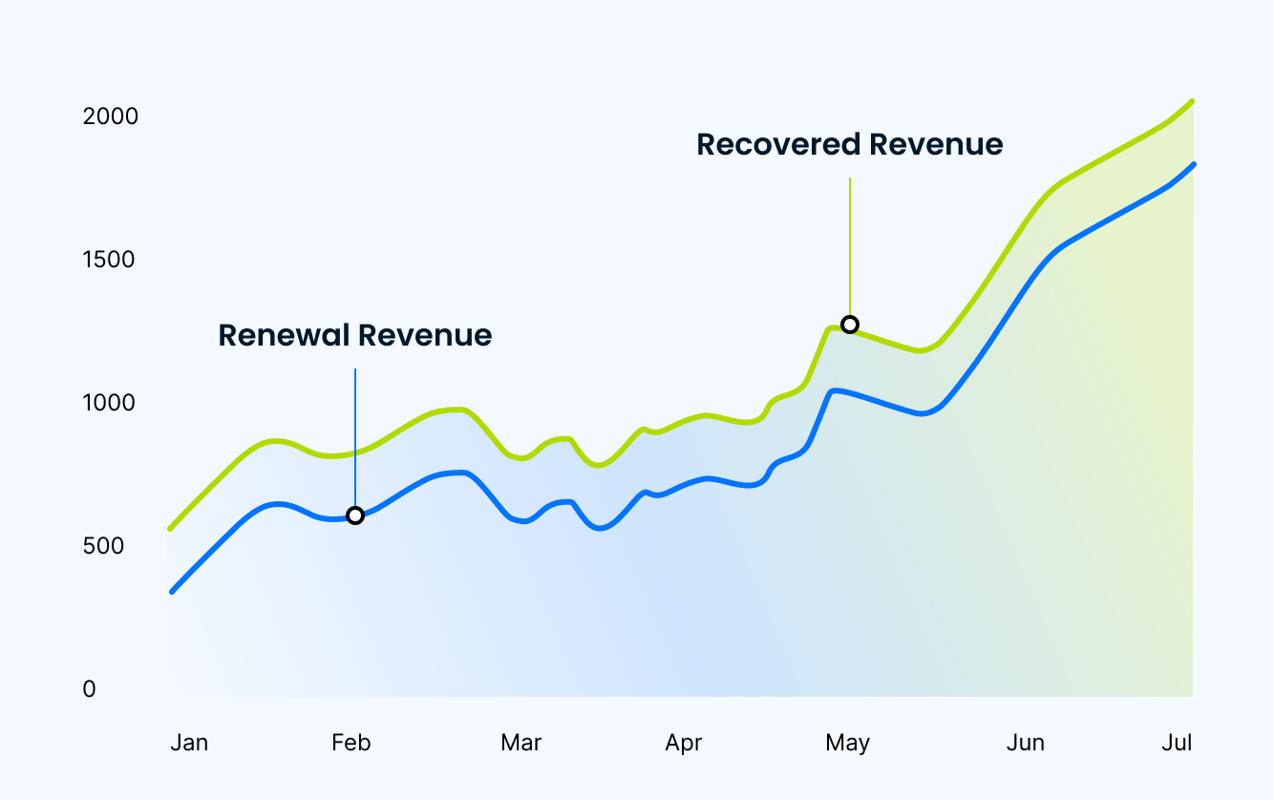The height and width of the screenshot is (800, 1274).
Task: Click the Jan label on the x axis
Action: point(189,743)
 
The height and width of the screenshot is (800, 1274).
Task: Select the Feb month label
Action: point(350,743)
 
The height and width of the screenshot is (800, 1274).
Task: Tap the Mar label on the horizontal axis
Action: point(520,743)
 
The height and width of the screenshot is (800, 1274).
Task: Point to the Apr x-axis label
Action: point(684,743)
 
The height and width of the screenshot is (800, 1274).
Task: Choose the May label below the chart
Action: point(848,743)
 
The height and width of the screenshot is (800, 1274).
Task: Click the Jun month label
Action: point(1026,743)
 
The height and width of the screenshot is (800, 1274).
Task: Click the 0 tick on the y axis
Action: point(89,689)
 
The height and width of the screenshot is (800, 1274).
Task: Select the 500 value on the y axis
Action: point(103,546)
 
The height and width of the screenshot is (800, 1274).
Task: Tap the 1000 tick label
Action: point(109,403)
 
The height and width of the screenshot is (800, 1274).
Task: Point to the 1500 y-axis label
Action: point(109,260)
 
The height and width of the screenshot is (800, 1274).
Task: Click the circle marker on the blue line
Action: point(355,516)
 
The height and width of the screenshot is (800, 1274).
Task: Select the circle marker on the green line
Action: point(849,325)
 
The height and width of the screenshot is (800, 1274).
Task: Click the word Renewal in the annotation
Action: point(284,335)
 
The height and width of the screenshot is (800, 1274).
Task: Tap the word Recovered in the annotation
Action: point(777,144)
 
